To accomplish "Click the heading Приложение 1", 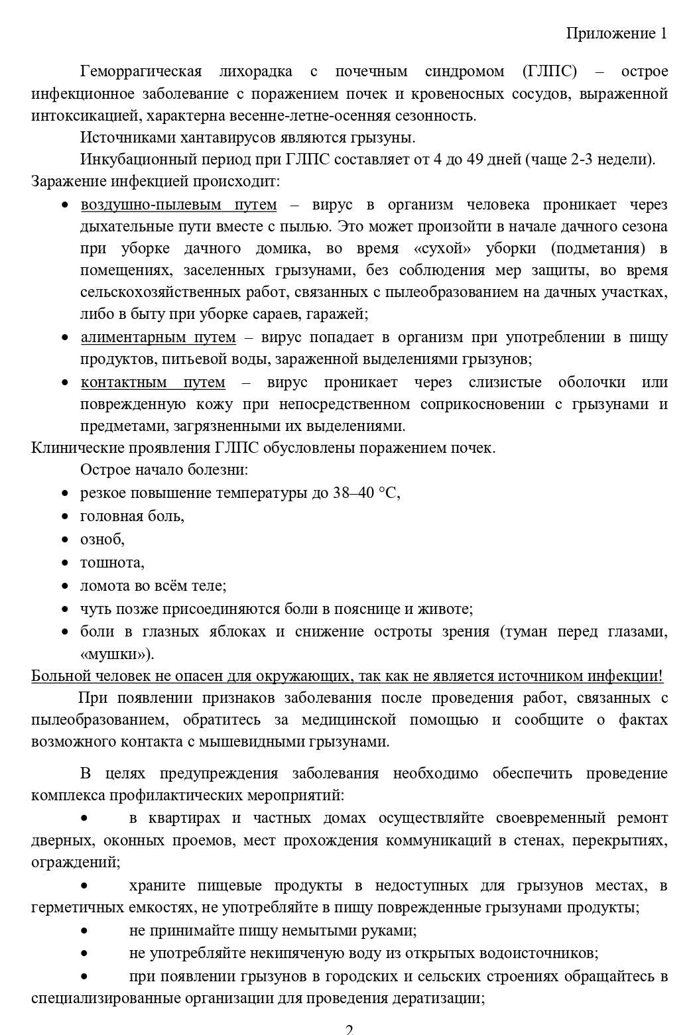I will click(616, 34).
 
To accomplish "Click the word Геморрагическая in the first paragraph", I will click(141, 72).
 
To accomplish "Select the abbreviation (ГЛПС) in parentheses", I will click(549, 72).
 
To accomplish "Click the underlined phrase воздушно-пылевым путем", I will click(178, 205).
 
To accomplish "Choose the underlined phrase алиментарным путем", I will click(158, 337).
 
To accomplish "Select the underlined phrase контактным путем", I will click(153, 383).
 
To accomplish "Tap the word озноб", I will click(101, 539).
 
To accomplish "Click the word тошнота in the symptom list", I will click(111, 563).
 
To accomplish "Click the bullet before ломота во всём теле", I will click(65, 586).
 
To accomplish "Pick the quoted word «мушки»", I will click(116, 654).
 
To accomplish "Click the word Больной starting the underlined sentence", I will click(60, 676).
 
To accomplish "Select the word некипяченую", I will click(271, 953).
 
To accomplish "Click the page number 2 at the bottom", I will click(349, 1030).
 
